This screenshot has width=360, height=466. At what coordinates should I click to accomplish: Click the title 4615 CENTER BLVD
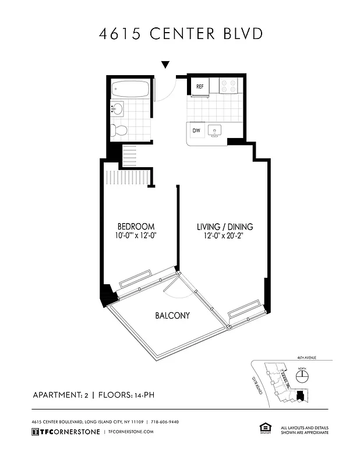coord(180,33)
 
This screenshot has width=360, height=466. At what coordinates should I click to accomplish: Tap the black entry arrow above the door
coord(165,65)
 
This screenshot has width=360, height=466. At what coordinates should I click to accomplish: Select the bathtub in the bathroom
coord(130,89)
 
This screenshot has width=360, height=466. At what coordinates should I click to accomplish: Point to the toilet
coord(119,130)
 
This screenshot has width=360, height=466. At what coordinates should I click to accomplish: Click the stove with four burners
coord(228,86)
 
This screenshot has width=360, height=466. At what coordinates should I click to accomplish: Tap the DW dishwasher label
coord(197,130)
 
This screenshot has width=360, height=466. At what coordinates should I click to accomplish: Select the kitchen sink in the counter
coord(215,130)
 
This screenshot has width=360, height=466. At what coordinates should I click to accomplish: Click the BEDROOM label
coord(136,227)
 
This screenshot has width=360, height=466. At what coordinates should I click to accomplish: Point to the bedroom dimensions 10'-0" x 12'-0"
coord(136,236)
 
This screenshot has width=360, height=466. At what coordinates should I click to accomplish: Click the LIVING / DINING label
coord(224,227)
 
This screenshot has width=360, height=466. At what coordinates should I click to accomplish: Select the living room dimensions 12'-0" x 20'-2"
coord(224,236)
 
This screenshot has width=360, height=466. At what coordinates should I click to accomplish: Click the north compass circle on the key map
coord(302,377)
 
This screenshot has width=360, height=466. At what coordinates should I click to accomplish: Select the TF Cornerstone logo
coord(63,432)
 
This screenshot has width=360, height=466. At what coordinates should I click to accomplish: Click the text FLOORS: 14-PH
coord(126,396)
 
